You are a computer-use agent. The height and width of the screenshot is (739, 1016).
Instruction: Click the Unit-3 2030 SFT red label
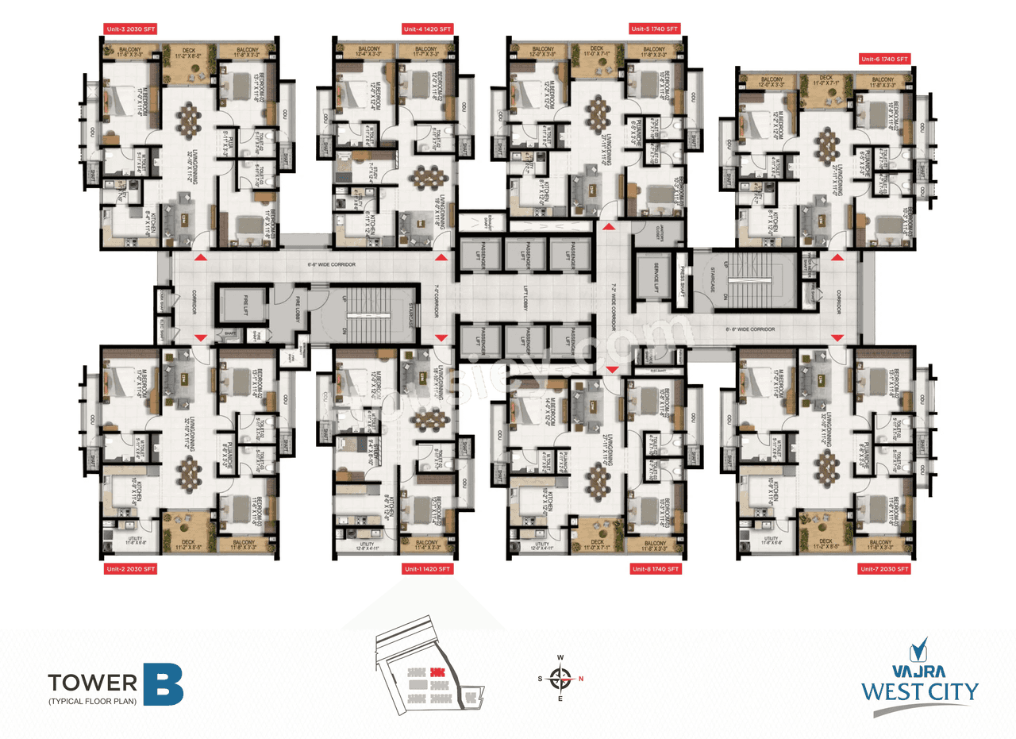[131, 29]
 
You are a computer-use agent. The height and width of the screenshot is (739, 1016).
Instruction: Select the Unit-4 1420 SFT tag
[427, 29]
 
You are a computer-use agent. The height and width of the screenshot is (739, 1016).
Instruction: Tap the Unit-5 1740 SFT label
[655, 29]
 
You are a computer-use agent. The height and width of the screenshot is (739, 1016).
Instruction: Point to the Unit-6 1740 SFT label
[885, 59]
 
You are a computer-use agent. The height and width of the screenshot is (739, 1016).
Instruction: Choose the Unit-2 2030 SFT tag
[131, 569]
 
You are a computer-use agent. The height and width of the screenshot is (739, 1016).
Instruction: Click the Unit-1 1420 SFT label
[427, 569]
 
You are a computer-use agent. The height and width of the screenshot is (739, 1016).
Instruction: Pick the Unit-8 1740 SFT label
[655, 569]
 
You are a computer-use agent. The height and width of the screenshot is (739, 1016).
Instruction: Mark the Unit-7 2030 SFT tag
[885, 569]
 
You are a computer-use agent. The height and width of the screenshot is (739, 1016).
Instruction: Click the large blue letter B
[163, 684]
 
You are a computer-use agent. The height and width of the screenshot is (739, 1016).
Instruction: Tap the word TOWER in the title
[92, 683]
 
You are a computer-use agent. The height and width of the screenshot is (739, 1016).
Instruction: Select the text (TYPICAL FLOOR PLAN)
[92, 702]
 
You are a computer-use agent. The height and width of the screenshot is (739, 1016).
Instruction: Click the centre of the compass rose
[560, 678]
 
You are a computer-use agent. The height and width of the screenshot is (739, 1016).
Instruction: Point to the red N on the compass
[580, 678]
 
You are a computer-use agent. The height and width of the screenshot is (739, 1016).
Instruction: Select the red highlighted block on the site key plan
[437, 672]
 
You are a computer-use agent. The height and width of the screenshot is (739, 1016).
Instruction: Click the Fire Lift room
[234, 306]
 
